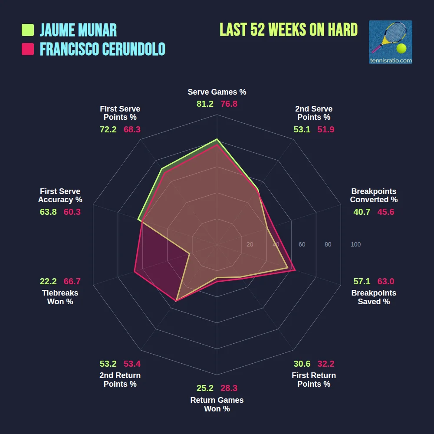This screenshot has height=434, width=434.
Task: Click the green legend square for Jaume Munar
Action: tap(28, 30)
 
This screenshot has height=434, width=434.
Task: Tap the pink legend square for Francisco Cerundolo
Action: tap(28, 49)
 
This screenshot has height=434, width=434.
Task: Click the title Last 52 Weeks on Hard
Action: tap(289, 30)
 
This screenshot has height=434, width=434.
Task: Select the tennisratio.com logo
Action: tap(390, 42)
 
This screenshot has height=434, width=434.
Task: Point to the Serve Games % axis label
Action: tap(217, 92)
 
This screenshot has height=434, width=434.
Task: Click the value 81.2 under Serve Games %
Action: tap(205, 104)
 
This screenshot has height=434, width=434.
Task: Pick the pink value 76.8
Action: tap(229, 104)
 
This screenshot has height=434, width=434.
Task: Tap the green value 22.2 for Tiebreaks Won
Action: tap(48, 281)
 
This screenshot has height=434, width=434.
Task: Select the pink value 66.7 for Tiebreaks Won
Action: tap(72, 281)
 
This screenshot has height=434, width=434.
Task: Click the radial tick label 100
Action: tap(355, 244)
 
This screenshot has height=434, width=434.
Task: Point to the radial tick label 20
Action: tap(250, 244)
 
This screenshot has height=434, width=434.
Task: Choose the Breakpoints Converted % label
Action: tap(374, 195)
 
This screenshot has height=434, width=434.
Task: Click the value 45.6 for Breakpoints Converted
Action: tap(386, 212)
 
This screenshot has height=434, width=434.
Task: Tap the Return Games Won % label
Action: tap(217, 404)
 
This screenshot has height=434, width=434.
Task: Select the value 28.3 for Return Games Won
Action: tap(229, 388)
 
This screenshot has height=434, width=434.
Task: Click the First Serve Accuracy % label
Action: tap(60, 195)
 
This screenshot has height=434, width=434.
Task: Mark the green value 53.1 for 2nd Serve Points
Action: tap(302, 129)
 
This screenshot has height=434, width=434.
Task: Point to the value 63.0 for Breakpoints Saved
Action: tap(386, 281)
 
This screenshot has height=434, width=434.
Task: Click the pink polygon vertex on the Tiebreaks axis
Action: tap(135, 272)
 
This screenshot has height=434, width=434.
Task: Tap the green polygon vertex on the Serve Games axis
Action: tap(217, 140)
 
